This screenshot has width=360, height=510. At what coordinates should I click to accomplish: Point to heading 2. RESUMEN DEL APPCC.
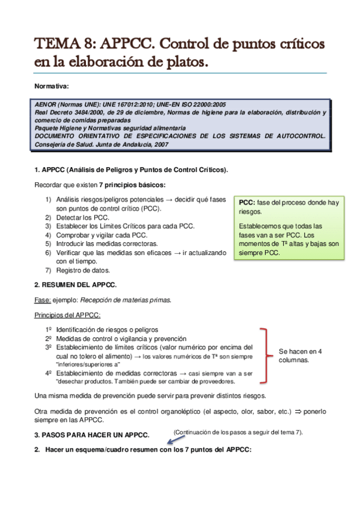coord(75,284)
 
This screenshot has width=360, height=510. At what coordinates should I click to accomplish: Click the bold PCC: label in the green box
coord(246,203)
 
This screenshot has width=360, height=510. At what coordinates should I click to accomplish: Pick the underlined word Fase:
coord(42,300)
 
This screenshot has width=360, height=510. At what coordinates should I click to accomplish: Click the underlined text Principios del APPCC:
coord(67,315)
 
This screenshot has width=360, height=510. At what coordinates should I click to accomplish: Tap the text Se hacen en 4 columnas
coord(301,355)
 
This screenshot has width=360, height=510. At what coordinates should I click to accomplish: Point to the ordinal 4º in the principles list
coord(49,373)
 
